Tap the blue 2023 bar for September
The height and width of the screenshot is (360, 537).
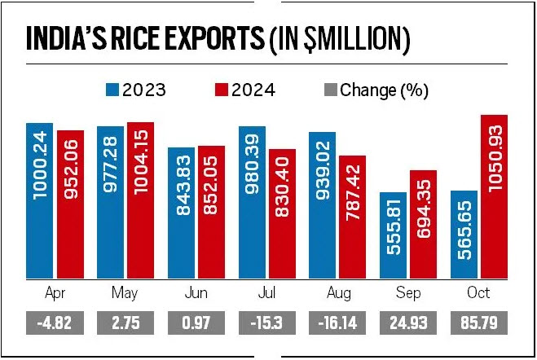(x=393, y=236)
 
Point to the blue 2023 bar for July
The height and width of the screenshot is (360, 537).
(x=252, y=203)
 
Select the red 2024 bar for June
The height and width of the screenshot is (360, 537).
(x=211, y=213)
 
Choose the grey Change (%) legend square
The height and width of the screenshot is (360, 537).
(x=330, y=89)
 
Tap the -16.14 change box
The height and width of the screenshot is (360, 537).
(x=338, y=323)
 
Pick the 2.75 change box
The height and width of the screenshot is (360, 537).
(x=125, y=323)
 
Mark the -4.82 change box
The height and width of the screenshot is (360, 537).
(x=55, y=323)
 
